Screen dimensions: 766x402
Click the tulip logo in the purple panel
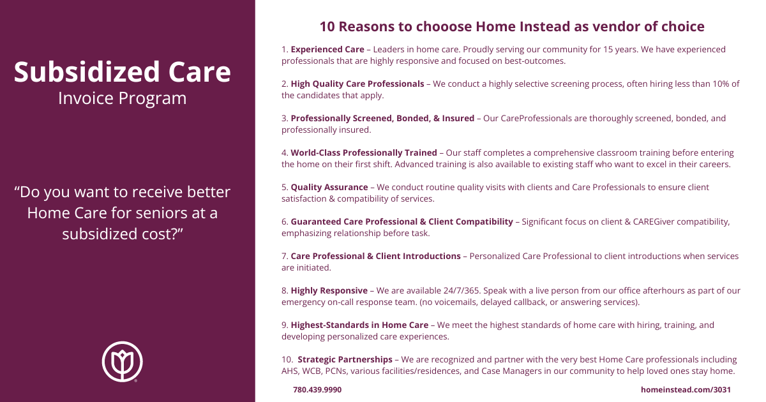click(x=122, y=361)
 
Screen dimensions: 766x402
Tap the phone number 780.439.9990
click(x=317, y=390)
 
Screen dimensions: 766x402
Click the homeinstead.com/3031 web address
click(x=686, y=390)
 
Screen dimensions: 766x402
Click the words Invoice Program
click(x=123, y=98)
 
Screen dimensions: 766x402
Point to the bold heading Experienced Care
click(x=327, y=50)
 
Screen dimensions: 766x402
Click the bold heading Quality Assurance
click(x=329, y=188)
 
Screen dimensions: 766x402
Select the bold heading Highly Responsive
click(x=329, y=290)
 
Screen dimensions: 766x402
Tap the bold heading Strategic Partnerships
click(x=345, y=360)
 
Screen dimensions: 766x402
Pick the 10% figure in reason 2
click(x=721, y=84)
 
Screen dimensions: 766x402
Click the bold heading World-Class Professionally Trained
click(x=364, y=153)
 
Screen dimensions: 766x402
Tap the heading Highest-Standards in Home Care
click(x=359, y=325)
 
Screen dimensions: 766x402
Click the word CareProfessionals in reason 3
click(x=536, y=118)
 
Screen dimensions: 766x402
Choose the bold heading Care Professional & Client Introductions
click(x=375, y=256)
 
